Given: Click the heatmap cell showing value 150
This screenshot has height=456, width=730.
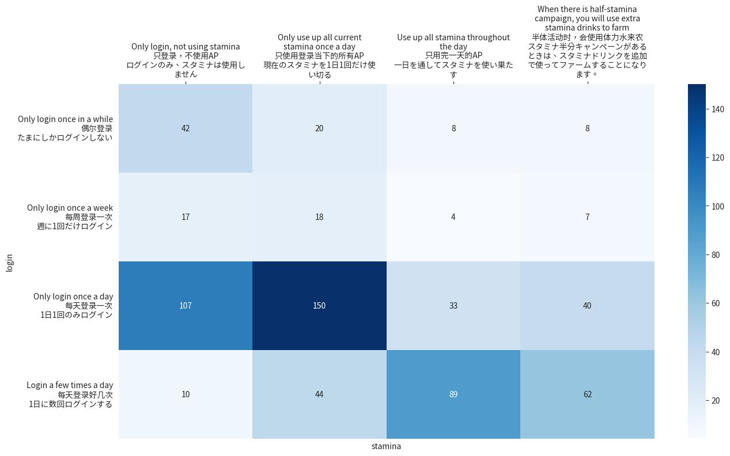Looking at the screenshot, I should click(319, 306).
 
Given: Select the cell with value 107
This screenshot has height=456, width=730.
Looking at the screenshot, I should click(186, 306).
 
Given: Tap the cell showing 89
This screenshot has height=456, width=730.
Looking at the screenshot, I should click(453, 394).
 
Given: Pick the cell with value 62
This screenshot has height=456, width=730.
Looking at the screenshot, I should click(587, 394).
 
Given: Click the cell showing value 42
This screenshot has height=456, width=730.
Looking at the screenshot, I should click(186, 128).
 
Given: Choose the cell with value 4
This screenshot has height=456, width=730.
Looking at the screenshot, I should click(453, 217).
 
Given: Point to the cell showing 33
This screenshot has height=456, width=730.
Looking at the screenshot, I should click(453, 306).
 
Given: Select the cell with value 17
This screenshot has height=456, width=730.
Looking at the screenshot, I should click(186, 217).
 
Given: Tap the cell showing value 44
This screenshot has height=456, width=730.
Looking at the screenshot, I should click(319, 394).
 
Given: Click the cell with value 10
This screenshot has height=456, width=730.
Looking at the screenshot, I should click(186, 394).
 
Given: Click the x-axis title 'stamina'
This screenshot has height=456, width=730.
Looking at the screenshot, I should click(386, 446).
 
